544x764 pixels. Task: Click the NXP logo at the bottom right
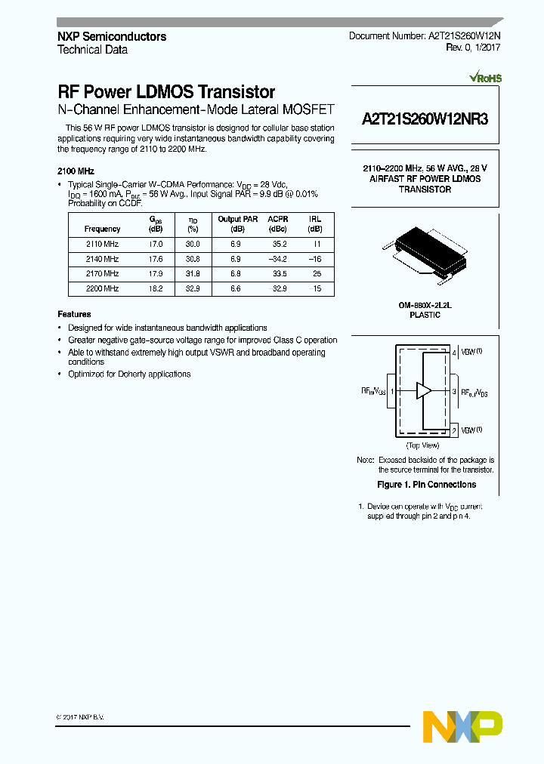tap(462, 726)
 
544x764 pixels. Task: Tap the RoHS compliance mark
tap(485, 78)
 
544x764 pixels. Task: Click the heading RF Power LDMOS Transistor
tap(166, 92)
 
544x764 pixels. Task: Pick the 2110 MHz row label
tap(102, 244)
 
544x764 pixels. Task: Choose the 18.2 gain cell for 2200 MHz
tap(156, 288)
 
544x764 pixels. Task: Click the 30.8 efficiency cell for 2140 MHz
tap(193, 259)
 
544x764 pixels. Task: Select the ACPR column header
tap(278, 219)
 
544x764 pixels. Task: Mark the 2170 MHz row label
tap(102, 273)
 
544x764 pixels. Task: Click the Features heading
tap(74, 314)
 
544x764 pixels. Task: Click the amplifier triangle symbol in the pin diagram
tap(424, 391)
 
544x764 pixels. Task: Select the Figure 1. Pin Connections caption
tap(426, 485)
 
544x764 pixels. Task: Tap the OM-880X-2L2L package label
tap(425, 305)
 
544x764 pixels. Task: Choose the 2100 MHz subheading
tap(76, 171)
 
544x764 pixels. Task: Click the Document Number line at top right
tap(424, 36)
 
